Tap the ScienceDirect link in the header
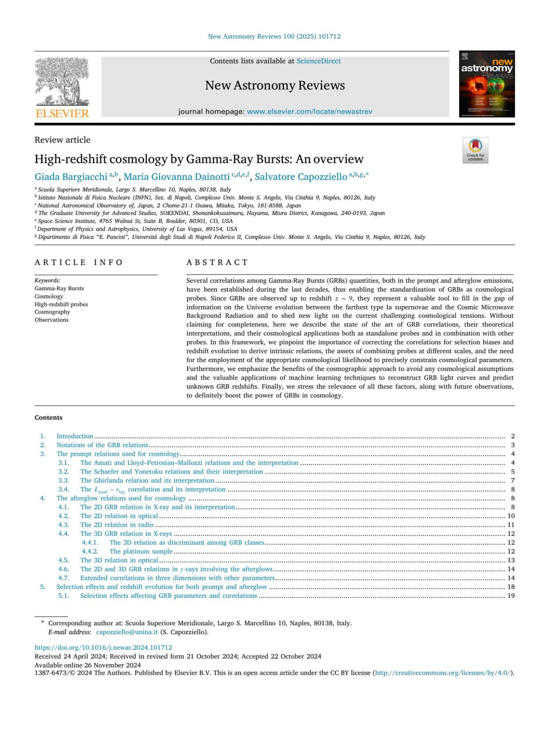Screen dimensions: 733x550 tap(319, 61)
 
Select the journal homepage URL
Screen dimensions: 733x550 tap(309, 111)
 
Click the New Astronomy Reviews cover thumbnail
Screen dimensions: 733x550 tap(487, 84)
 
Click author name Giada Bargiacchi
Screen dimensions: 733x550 tap(71, 177)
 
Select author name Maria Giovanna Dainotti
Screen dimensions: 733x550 tap(176, 177)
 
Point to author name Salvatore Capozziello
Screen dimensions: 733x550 tap(301, 177)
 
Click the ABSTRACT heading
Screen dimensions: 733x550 tap(217, 262)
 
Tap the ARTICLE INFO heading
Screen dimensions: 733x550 tap(79, 262)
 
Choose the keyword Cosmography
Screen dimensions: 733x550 tap(52, 312)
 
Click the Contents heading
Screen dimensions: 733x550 tap(49, 418)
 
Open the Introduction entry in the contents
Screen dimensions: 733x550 tap(75, 436)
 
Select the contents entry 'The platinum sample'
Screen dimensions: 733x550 tap(141, 551)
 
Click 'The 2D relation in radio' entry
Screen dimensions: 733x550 tap(117, 525)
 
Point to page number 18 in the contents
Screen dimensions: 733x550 tap(511, 587)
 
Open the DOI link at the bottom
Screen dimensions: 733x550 tap(104, 648)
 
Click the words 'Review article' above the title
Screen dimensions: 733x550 tap(62, 140)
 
